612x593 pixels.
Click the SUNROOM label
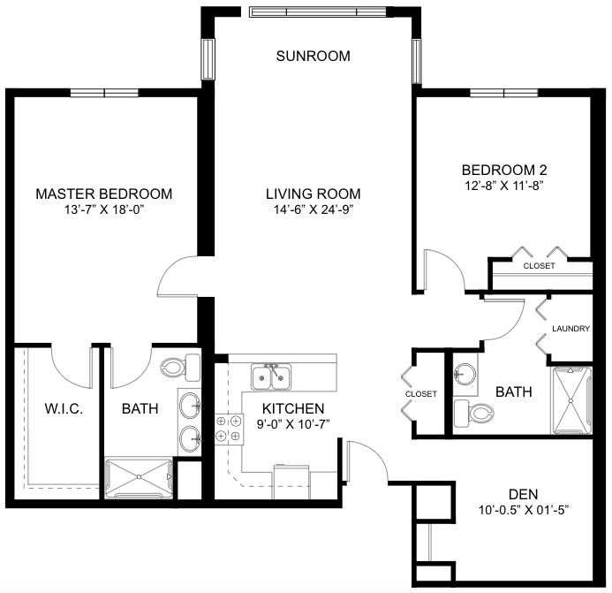[313, 57]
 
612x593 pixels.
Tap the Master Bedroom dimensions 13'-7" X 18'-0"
[104, 209]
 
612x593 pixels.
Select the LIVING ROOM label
[313, 194]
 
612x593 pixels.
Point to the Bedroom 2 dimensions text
[504, 186]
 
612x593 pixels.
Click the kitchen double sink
[271, 377]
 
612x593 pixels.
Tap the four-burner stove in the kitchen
[229, 429]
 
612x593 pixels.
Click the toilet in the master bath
[180, 368]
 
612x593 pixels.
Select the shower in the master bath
[139, 478]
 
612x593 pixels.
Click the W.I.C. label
[64, 409]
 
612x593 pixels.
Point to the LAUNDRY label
[570, 329]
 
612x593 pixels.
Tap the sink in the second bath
[465, 374]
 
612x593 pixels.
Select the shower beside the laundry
[571, 400]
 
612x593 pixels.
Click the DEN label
[523, 495]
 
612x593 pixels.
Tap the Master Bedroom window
[104, 93]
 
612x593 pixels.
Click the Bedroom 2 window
[504, 93]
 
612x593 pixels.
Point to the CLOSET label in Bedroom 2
[539, 266]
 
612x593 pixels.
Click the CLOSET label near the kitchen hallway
[420, 394]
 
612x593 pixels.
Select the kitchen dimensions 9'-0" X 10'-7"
[293, 424]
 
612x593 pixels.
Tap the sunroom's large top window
[318, 12]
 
